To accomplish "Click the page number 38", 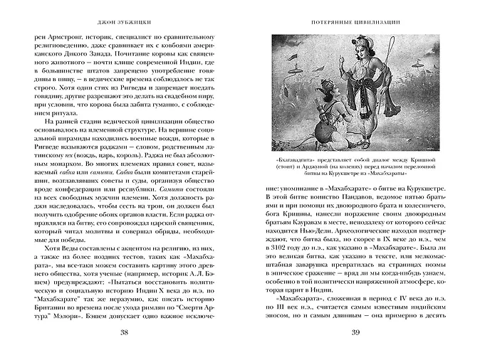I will pyautogui.click(x=124, y=334).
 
